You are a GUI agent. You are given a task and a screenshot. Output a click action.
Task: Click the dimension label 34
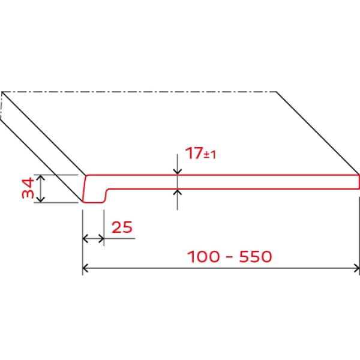(28, 188)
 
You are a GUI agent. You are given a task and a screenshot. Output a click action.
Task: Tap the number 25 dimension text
(122, 227)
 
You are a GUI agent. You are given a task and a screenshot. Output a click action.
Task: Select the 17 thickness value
(194, 152)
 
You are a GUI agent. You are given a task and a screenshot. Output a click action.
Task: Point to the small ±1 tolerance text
(210, 155)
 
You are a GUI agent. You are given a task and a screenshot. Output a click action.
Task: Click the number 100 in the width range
(203, 256)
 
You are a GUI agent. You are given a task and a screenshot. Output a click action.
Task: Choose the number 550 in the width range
(256, 256)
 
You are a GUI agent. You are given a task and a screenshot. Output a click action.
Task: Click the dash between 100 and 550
(229, 257)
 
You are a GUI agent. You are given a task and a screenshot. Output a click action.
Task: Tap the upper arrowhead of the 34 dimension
(41, 177)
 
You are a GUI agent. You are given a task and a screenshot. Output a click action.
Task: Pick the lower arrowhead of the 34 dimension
(41, 200)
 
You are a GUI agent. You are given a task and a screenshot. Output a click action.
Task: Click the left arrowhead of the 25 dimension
(85, 239)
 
